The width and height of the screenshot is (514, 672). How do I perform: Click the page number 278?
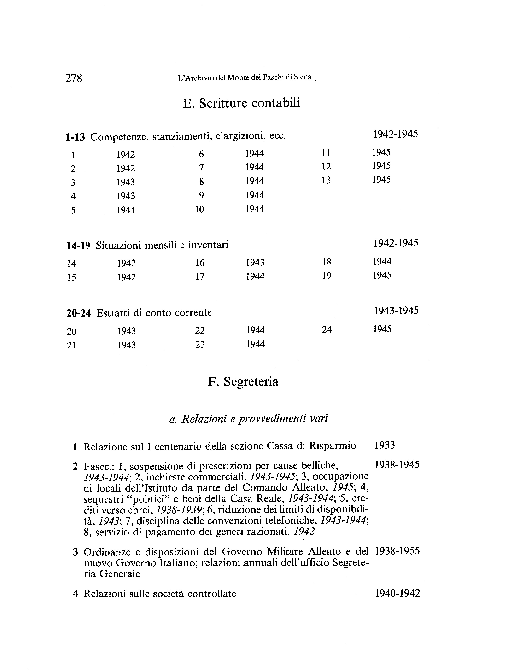(x=74, y=78)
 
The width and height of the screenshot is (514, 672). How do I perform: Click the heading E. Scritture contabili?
(x=241, y=103)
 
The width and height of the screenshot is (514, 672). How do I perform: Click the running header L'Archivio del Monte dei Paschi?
(x=245, y=78)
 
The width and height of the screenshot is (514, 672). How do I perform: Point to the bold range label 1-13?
(x=75, y=137)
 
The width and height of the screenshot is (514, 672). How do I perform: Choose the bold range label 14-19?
(x=78, y=246)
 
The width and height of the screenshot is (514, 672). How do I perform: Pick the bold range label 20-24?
(x=79, y=313)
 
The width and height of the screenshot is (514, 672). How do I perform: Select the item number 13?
(x=326, y=180)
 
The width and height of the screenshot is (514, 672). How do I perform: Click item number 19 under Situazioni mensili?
(x=327, y=276)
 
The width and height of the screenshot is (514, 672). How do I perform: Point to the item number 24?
(x=327, y=330)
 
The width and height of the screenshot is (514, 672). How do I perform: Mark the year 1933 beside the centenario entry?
(x=385, y=445)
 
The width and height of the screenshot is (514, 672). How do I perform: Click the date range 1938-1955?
(x=397, y=551)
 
